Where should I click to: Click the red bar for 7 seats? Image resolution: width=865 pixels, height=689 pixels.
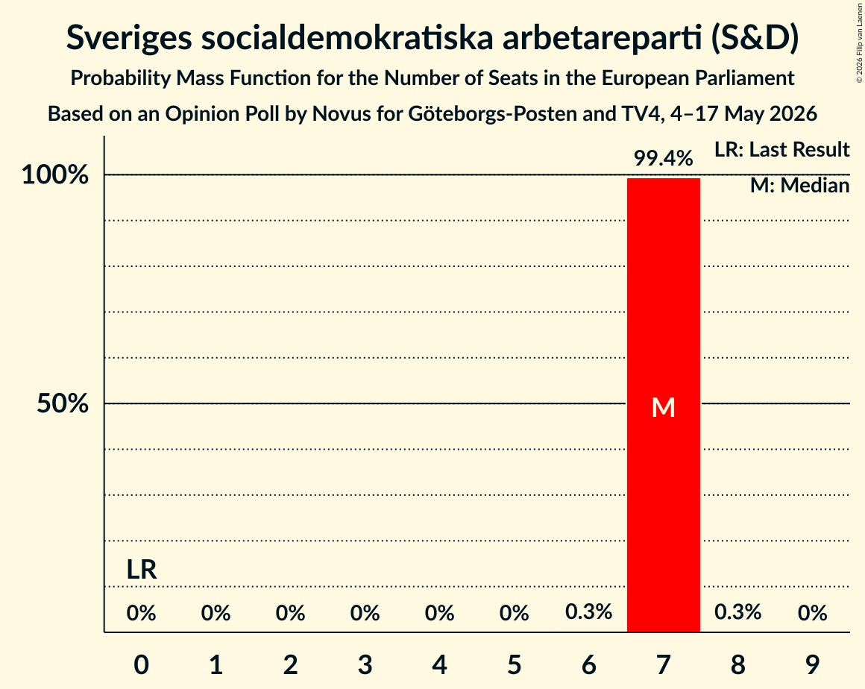(x=663, y=405)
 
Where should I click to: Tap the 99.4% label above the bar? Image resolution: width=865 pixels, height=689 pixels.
(x=663, y=158)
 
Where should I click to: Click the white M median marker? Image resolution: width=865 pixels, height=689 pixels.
(x=663, y=407)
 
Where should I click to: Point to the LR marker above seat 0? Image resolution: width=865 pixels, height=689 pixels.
(x=142, y=569)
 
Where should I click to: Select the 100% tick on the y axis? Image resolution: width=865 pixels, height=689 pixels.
(x=55, y=175)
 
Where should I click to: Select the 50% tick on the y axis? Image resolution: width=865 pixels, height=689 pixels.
(x=63, y=404)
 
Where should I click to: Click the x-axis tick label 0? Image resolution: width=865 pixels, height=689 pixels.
(x=142, y=664)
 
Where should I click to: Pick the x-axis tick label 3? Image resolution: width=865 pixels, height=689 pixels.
(x=365, y=664)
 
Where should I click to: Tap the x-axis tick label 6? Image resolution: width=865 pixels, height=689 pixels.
(x=588, y=664)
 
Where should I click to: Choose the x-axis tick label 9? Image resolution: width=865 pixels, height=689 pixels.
(x=812, y=664)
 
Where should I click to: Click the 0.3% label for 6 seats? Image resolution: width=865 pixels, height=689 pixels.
(x=588, y=611)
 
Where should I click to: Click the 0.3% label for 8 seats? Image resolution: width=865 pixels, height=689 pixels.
(x=737, y=611)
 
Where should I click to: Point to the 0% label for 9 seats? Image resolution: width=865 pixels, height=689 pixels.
(x=812, y=613)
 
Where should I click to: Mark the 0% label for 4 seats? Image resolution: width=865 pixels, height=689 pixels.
(x=440, y=613)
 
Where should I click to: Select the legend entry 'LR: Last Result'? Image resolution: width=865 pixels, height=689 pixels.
(x=782, y=149)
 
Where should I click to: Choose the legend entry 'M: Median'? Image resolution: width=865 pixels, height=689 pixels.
(x=800, y=186)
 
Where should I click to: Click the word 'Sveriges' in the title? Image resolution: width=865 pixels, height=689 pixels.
(x=129, y=38)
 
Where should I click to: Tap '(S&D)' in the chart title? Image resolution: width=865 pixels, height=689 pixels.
(x=755, y=38)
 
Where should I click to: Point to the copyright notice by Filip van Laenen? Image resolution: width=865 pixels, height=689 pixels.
(x=860, y=43)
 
